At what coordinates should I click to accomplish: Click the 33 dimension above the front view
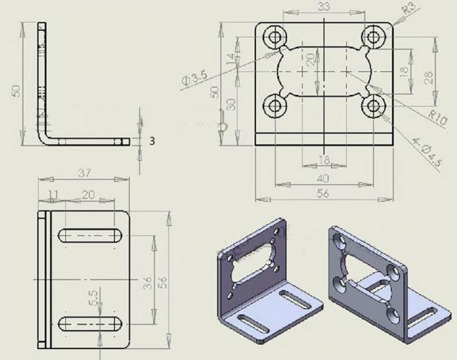coord(323,7)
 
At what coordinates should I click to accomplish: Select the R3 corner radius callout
coord(408,9)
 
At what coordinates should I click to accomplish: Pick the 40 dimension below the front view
coord(323,179)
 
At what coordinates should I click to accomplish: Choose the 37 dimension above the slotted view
coord(85,173)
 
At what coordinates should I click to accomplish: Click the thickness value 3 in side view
coord(152,140)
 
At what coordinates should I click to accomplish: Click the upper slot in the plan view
coord(90,234)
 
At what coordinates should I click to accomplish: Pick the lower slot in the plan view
coord(90,324)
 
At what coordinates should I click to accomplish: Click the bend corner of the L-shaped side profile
coord(44,138)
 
